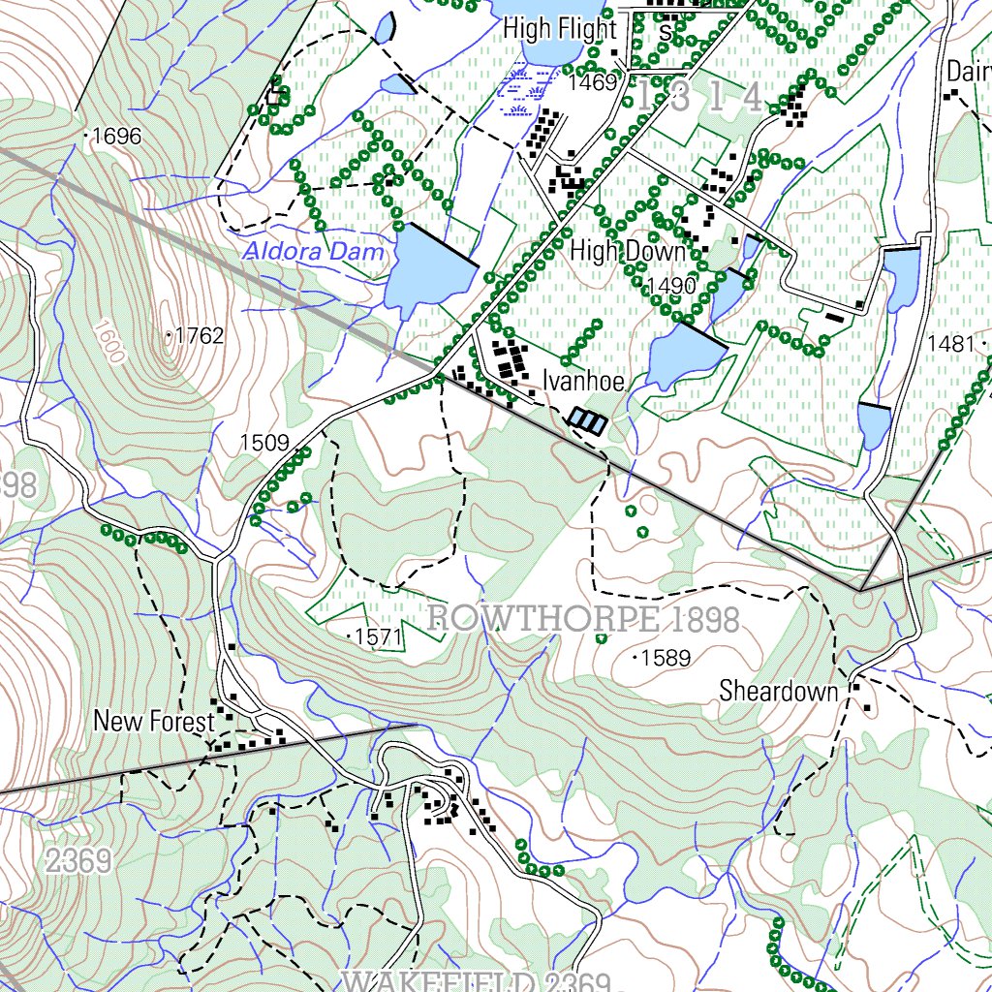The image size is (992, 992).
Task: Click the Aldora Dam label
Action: point(313,252)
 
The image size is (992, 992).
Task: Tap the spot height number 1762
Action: point(201,336)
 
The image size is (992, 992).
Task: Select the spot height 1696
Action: point(117,137)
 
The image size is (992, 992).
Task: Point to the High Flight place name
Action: point(559,29)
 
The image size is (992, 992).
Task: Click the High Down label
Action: point(627,251)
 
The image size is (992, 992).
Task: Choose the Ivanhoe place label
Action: point(582,380)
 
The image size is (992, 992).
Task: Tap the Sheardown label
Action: point(778,691)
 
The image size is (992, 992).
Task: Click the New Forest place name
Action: point(153,722)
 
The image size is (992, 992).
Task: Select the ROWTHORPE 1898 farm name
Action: point(582,619)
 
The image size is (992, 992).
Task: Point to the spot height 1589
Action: point(666,659)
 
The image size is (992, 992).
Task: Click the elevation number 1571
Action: point(378,636)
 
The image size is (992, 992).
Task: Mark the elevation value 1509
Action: point(264,444)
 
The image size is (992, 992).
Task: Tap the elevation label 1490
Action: point(671,285)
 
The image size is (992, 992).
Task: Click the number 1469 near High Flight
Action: point(592,83)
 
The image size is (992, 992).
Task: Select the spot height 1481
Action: point(949,343)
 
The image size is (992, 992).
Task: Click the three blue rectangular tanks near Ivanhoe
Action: point(587,420)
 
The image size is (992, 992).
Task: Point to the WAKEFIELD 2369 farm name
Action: point(476,981)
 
